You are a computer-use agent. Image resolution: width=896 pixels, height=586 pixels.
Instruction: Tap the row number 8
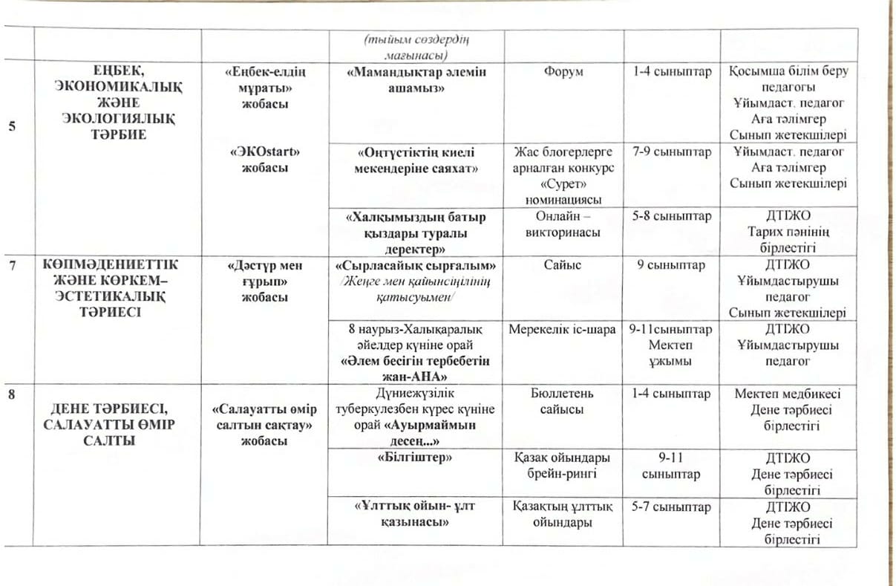(11, 394)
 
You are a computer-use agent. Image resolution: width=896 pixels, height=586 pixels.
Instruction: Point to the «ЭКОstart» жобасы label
(265, 160)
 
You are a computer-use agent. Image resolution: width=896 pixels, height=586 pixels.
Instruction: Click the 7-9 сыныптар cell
(672, 152)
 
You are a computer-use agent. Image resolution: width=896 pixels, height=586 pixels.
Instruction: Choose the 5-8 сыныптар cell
(672, 217)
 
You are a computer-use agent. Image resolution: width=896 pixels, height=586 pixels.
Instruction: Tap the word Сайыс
(564, 265)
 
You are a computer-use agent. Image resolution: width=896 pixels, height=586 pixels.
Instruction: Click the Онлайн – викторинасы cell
(564, 224)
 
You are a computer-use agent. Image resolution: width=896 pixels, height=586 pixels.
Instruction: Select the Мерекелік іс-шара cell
(564, 329)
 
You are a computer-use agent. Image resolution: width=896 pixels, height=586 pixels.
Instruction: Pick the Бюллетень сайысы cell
(564, 401)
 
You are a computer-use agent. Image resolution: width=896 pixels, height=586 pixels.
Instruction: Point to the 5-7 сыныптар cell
(672, 507)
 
